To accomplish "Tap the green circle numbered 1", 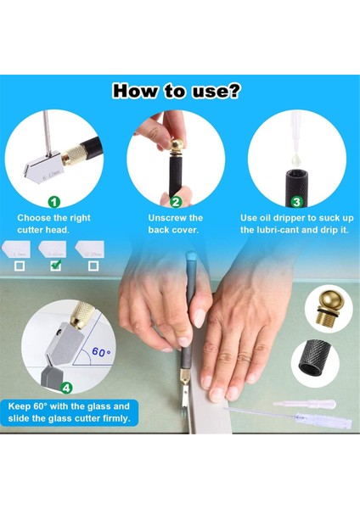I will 53,202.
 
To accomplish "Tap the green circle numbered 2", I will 176,202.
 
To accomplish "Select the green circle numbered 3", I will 296,202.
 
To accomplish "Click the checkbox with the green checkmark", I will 55,266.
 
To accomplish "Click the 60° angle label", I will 101,350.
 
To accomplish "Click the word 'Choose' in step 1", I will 34,218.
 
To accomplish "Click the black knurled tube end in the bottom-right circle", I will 316,360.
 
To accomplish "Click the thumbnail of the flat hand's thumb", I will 197,318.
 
